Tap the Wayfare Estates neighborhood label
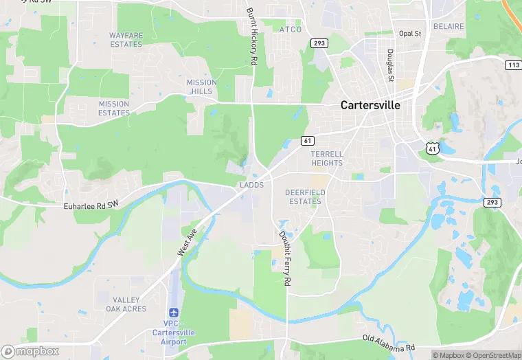126,40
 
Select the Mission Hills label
201,87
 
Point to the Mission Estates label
114,109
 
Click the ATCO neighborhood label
291,30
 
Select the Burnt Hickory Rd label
252,37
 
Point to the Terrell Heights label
326,159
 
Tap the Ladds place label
251,185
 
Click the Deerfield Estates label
304,197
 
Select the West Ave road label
187,243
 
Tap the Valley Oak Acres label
126,304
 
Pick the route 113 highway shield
512,65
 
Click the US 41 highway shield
431,148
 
